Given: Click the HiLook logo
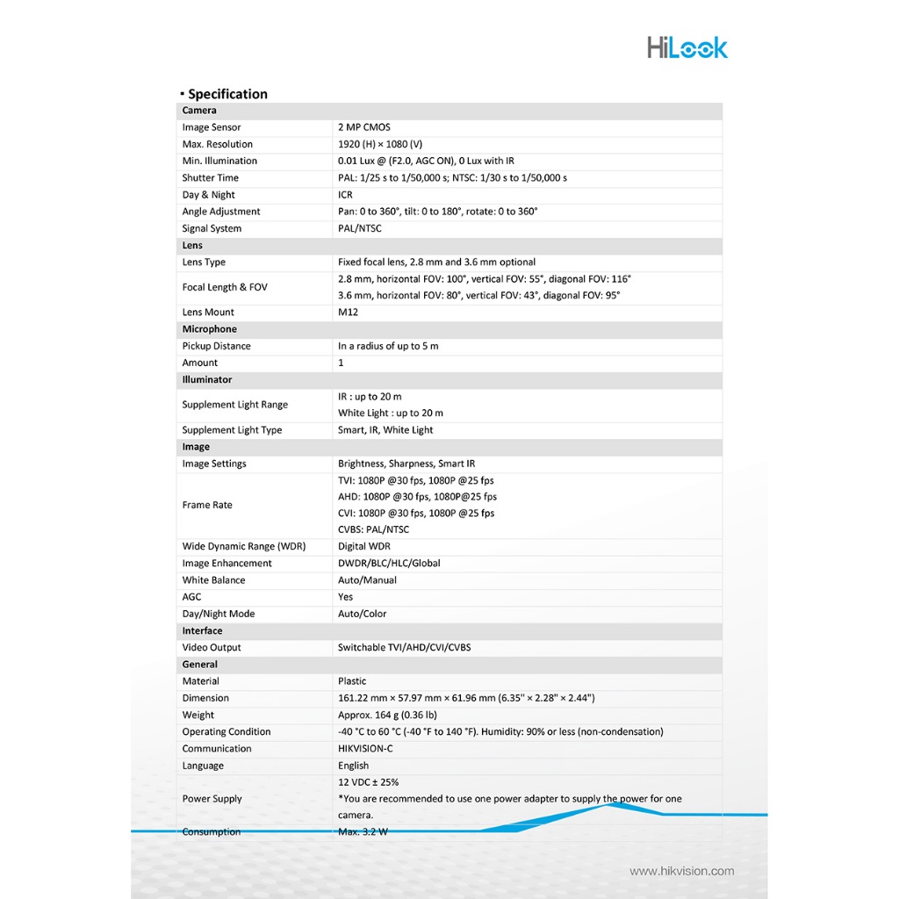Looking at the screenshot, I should [x=687, y=47].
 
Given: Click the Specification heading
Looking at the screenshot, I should [x=227, y=94].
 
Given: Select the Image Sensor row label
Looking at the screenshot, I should [x=212, y=127].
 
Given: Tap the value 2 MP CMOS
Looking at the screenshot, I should [x=364, y=127].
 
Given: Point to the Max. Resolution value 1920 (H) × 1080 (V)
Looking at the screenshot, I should [x=380, y=144].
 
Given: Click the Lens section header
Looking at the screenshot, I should [x=192, y=246].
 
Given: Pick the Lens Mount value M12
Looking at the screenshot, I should [x=349, y=313].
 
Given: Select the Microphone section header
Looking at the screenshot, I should [x=209, y=329].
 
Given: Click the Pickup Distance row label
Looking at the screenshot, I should [x=216, y=346].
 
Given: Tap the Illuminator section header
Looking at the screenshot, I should [x=207, y=380].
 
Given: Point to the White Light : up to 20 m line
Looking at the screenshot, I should [x=391, y=414].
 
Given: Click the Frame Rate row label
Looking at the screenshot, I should [x=207, y=505].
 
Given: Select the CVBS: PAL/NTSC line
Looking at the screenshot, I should [x=373, y=529].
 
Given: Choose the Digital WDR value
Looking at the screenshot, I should [x=364, y=546].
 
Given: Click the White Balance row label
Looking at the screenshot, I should [x=213, y=580].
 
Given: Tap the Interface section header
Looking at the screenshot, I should [x=202, y=631].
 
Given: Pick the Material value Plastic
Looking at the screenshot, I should [x=352, y=681].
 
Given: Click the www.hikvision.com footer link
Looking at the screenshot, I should [x=681, y=871].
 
